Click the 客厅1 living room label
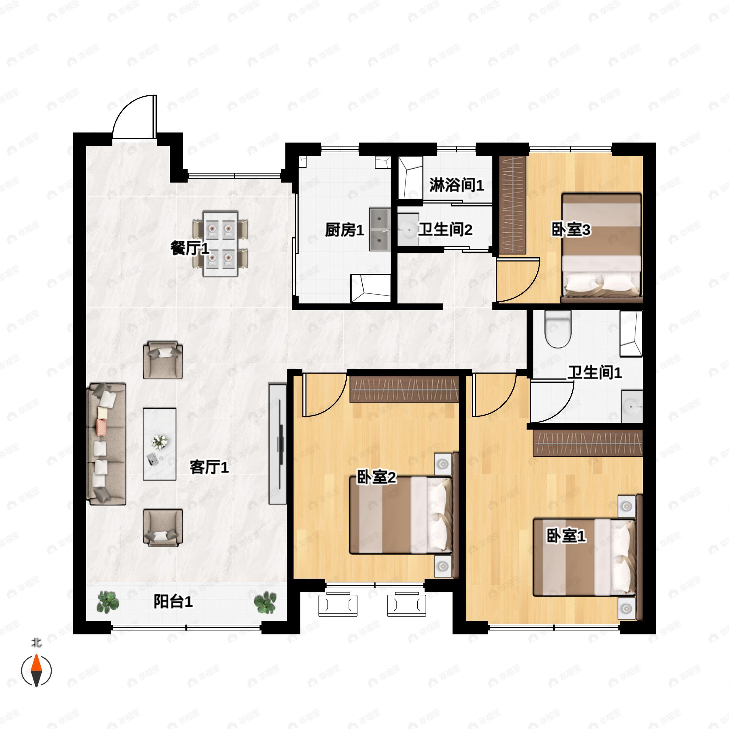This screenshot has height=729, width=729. pos(209,467)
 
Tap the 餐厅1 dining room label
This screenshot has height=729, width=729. pos(190,249)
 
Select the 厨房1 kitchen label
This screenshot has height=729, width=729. pos(344,230)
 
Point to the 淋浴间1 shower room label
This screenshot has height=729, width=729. pos(457,185)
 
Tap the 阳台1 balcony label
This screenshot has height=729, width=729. pos(173,601)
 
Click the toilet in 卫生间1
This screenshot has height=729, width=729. pos(558,329)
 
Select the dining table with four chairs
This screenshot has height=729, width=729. pos(220,244)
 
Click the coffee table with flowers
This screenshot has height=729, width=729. pos(159,444)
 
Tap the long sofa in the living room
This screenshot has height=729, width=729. pos(106,444)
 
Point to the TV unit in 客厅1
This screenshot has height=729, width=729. pos(278,444)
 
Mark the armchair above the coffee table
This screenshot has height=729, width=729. pos(163,360)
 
